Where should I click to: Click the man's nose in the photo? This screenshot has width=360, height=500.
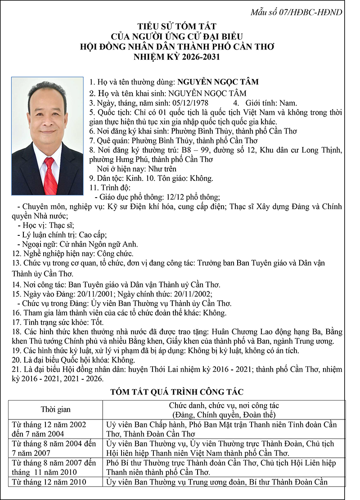(x=48, y=120)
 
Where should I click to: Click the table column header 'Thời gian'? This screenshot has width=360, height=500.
(x=56, y=410)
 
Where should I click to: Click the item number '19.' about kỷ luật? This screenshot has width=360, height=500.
(x=17, y=351)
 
